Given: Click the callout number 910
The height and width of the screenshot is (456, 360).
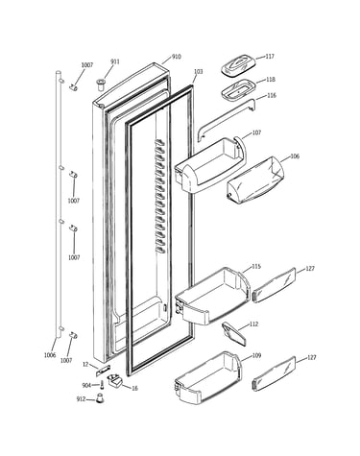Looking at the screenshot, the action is click(177, 57).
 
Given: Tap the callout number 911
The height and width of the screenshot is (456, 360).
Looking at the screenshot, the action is click(115, 61).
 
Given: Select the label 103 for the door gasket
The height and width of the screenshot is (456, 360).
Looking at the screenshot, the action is click(199, 72).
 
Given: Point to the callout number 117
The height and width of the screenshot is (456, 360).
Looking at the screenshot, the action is click(270, 57).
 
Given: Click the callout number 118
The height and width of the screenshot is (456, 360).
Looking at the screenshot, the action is click(271, 80).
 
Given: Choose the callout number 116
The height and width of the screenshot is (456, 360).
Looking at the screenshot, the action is click(272, 95).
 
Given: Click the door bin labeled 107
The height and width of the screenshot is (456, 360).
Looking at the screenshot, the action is click(210, 165).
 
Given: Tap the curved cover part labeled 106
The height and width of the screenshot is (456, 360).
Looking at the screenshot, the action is click(255, 180).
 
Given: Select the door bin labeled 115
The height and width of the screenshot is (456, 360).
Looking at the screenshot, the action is click(212, 297).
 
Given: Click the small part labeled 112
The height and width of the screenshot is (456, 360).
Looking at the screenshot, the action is click(234, 334).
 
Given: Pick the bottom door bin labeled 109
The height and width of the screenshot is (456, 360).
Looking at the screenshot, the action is click(208, 377).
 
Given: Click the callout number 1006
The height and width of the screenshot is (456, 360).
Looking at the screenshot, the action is click(50, 355).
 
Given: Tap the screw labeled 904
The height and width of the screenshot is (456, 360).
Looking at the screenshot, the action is click(102, 384).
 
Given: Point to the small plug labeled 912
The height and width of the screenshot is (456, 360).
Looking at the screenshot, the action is click(101, 398).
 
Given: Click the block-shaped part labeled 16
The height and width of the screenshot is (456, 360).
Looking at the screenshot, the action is click(115, 381).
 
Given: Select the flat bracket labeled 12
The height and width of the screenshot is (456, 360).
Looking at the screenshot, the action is click(103, 371).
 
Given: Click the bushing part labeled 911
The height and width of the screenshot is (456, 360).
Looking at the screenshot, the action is click(101, 85).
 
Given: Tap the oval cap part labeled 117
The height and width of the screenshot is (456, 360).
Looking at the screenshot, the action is click(238, 65).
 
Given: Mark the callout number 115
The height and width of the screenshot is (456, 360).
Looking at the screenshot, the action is click(256, 267).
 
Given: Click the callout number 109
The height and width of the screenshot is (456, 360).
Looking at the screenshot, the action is click(256, 355).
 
